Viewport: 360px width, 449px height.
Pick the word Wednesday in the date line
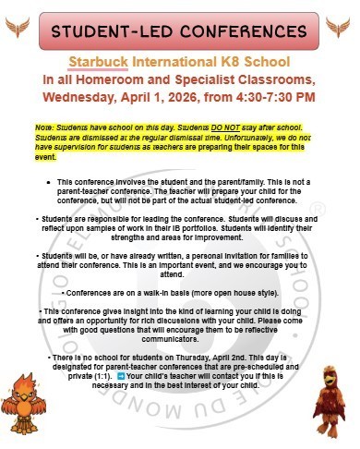(88, 96)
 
